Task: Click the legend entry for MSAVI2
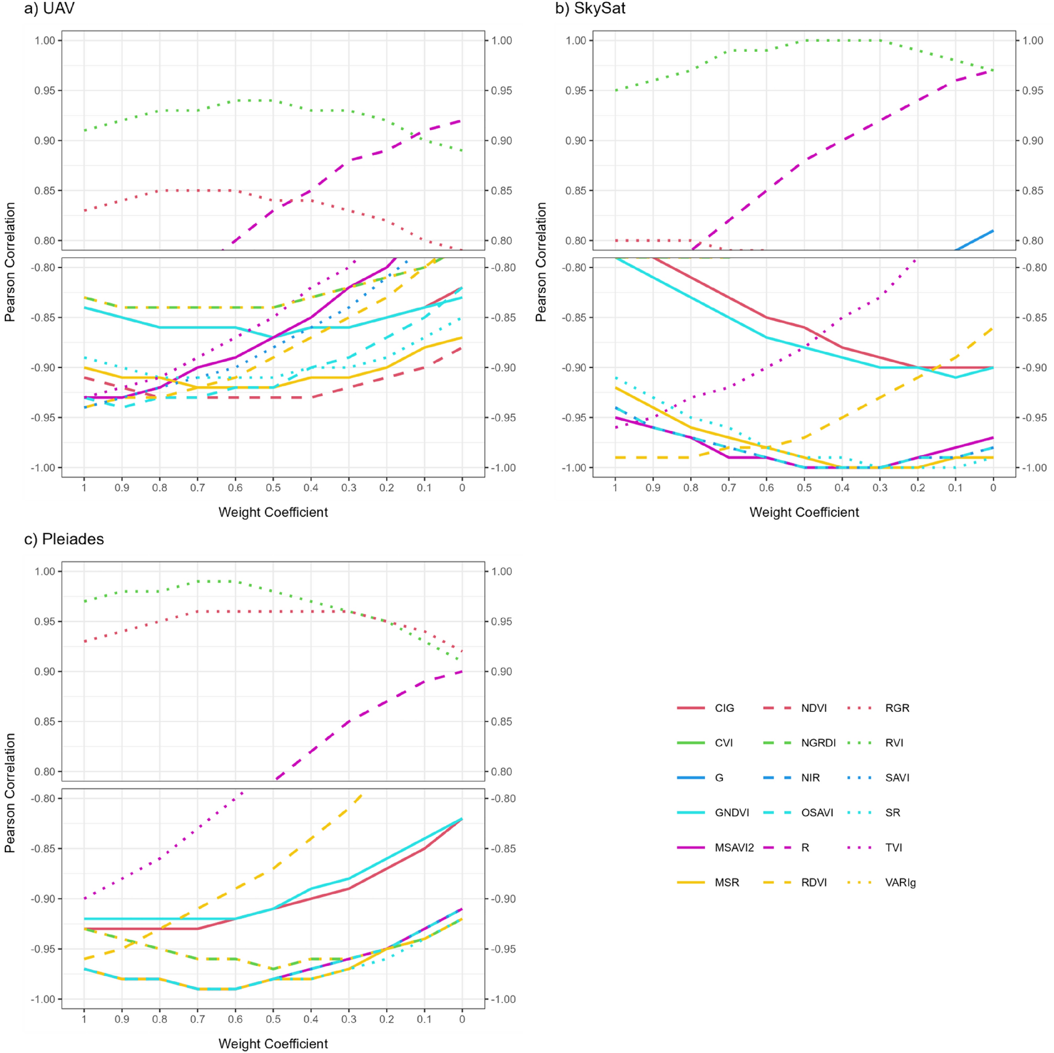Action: [x=734, y=847]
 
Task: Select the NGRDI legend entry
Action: [x=818, y=742]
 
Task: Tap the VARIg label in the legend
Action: [x=900, y=882]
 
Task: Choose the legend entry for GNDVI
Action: [x=732, y=813]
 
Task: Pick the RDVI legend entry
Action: [x=814, y=882]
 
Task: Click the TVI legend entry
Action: [x=894, y=847]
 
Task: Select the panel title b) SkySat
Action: [x=590, y=9]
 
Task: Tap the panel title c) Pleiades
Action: [x=64, y=539]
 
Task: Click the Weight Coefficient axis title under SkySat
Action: [x=804, y=512]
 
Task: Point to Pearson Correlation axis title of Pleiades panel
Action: [x=9, y=792]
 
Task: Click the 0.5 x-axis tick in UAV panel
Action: [x=273, y=488]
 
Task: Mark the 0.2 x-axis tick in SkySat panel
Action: [x=917, y=488]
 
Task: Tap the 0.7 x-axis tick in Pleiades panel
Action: [x=197, y=1018]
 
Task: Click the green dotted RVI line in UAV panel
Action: [x=197, y=110]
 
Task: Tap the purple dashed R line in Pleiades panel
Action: [x=349, y=722]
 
